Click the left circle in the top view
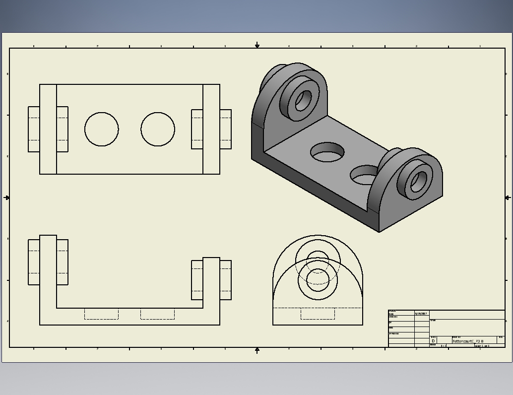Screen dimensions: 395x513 tap(102, 130)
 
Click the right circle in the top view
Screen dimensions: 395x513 tap(158, 130)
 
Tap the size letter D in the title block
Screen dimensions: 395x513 tap(433, 341)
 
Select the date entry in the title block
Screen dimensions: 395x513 tap(421, 314)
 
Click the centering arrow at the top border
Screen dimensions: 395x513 tap(257, 45)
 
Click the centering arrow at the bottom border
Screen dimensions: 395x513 tap(257, 350)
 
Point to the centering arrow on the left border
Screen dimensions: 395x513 tap(6, 197)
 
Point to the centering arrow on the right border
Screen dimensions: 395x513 tap(508, 197)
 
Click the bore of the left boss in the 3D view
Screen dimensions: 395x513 tap(303, 101)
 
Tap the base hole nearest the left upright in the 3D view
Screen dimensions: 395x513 tap(327, 153)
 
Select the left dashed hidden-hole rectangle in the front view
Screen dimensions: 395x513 tap(101, 314)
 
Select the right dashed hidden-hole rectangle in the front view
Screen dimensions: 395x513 tap(157, 314)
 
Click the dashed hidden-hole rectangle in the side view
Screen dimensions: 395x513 tap(318, 314)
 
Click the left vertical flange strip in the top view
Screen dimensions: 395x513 tap(48, 130)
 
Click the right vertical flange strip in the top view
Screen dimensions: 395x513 tap(211, 130)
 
